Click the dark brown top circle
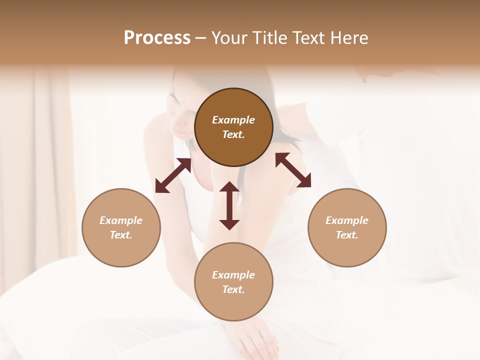(233, 127)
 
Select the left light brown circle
(121, 227)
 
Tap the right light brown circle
(347, 227)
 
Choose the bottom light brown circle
(233, 282)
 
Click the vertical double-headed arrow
(229, 205)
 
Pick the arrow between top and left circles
(173, 175)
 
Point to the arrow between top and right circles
(293, 170)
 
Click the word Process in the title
(157, 37)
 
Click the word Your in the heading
(228, 37)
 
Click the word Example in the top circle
(233, 120)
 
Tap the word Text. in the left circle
(121, 235)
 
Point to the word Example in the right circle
(347, 220)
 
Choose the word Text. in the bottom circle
(233, 289)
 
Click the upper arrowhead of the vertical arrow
(229, 187)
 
